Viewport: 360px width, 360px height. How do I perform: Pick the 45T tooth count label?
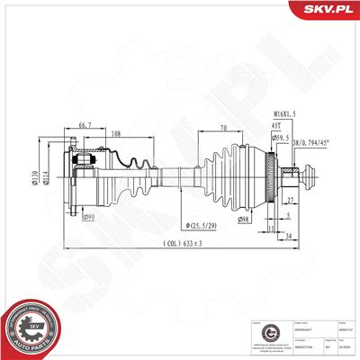pos(274,127)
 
